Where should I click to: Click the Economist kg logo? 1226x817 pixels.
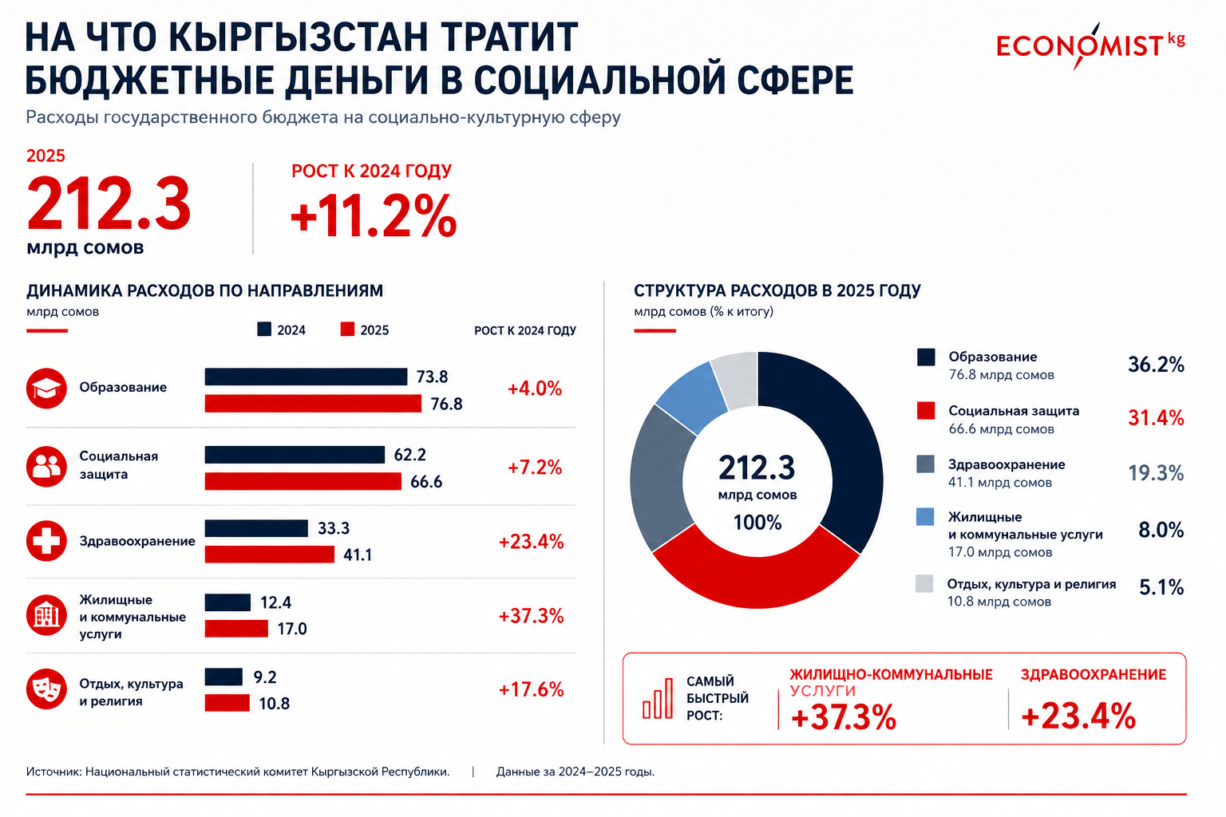tap(1090, 46)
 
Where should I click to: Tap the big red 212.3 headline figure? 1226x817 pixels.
tap(109, 203)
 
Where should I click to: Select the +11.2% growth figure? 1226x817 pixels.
tap(374, 215)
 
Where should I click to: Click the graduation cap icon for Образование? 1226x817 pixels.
tap(46, 388)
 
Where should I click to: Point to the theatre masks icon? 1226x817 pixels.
tap(46, 689)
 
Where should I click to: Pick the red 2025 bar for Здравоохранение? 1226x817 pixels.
tap(269, 555)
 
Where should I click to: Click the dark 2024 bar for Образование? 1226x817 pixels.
tap(306, 377)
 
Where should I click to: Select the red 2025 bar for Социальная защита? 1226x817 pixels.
tap(303, 481)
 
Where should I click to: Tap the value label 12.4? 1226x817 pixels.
tap(276, 602)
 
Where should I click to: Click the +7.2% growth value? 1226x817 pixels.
tap(535, 468)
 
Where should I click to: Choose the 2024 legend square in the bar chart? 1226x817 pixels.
tap(264, 329)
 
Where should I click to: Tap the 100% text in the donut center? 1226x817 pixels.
tap(757, 523)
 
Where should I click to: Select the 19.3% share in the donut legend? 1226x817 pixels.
tap(1156, 473)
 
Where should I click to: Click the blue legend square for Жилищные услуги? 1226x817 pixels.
tap(925, 517)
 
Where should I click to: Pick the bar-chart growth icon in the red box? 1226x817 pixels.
tap(658, 698)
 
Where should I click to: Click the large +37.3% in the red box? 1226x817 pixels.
tap(844, 716)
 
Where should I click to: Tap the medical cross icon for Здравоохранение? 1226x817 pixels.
tap(46, 541)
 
